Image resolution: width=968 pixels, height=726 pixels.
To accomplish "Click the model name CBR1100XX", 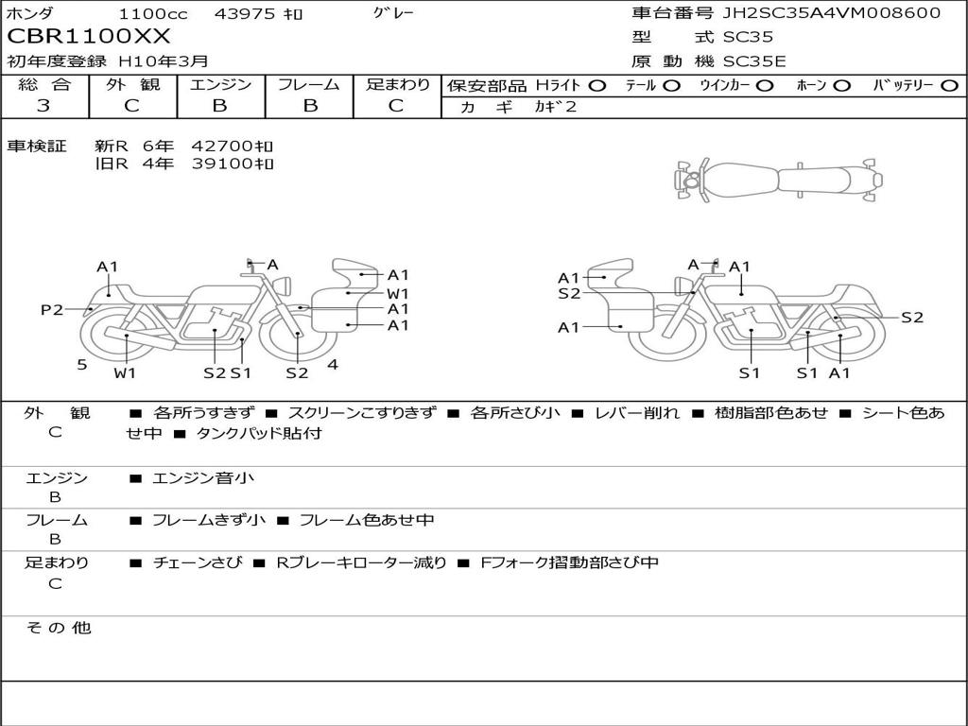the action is tap(88, 37).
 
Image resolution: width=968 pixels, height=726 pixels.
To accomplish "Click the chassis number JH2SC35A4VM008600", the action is tap(832, 13).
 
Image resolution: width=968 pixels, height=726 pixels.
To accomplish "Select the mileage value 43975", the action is tap(244, 13).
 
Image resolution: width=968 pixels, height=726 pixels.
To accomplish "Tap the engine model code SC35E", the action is tap(754, 61).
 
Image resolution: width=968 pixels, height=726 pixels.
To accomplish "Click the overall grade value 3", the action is tap(43, 105).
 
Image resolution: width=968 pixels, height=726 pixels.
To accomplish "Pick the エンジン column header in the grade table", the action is tap(220, 84).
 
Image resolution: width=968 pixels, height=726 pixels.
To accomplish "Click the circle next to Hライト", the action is tap(596, 86).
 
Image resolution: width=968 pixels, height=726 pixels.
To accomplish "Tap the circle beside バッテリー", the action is tap(949, 86).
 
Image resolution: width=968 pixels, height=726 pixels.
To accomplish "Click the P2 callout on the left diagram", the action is tap(52, 309).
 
